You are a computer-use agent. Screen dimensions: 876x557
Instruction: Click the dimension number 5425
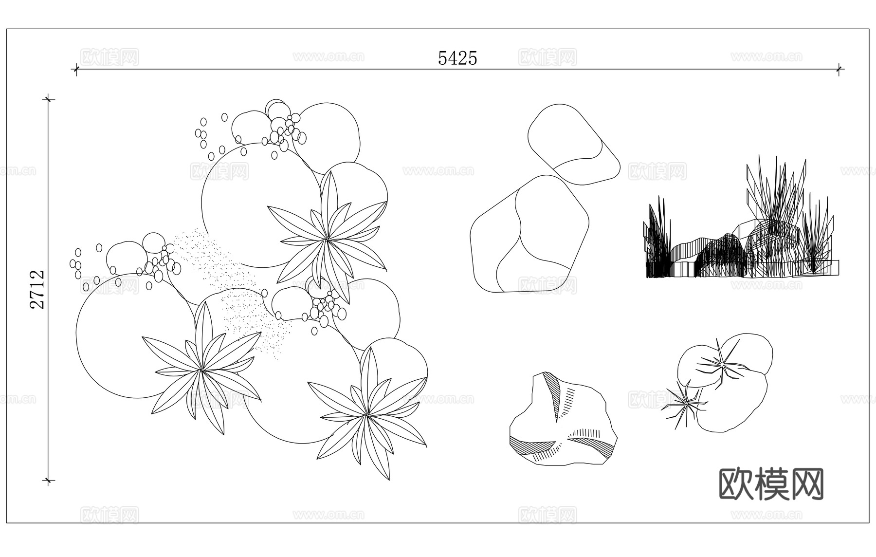click(457, 58)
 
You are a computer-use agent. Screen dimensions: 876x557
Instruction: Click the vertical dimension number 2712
click(37, 290)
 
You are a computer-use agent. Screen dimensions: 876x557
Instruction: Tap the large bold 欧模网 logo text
click(771, 484)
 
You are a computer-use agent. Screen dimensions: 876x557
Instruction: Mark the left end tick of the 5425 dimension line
click(76, 69)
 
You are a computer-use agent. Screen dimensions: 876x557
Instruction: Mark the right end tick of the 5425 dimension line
click(839, 69)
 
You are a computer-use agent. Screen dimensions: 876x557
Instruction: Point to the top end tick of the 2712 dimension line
click(48, 99)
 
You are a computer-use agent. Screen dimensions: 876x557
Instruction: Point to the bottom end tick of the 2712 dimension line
click(48, 481)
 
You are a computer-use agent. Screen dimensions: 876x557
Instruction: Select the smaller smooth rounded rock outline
click(574, 145)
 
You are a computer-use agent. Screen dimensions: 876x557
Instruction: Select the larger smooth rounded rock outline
click(529, 234)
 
